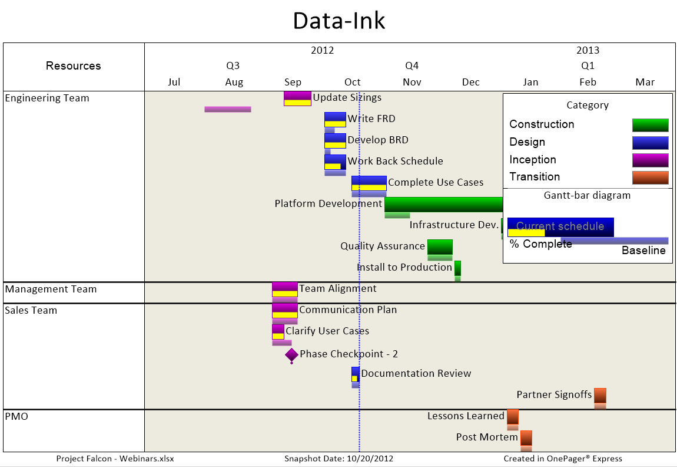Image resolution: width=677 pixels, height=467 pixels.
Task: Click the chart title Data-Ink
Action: point(339,21)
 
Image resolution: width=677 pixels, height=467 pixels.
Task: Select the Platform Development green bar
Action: point(443,205)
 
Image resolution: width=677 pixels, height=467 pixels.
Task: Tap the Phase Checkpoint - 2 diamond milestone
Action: point(291,355)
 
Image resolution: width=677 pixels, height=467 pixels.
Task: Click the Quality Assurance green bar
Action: point(440,247)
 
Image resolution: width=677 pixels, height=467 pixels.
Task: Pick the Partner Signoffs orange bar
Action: point(600,396)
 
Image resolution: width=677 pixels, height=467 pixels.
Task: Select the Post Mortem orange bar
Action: point(526,438)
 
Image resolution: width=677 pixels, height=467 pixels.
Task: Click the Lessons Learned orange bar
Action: point(513,417)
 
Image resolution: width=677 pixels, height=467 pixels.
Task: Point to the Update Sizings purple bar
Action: point(297,98)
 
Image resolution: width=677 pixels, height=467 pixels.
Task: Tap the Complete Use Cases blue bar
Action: point(369,183)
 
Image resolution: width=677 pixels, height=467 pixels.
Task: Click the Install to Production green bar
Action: point(457,268)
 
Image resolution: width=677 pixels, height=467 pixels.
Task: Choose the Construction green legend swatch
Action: point(651,125)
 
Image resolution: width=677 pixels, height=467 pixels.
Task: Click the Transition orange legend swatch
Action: point(651,177)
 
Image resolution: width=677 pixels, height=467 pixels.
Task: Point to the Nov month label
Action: point(412,82)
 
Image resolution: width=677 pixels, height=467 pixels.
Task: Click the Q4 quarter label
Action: point(412,65)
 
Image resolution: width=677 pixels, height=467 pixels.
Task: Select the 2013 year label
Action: point(588,50)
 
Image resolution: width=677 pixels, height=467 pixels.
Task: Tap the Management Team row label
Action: point(51,290)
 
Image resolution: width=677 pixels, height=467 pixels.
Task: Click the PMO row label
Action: point(16,416)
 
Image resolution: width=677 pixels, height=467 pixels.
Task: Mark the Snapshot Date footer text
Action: point(338,459)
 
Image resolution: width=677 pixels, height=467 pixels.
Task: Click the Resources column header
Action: point(74,65)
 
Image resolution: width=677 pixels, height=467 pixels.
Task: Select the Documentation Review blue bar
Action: point(356,374)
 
